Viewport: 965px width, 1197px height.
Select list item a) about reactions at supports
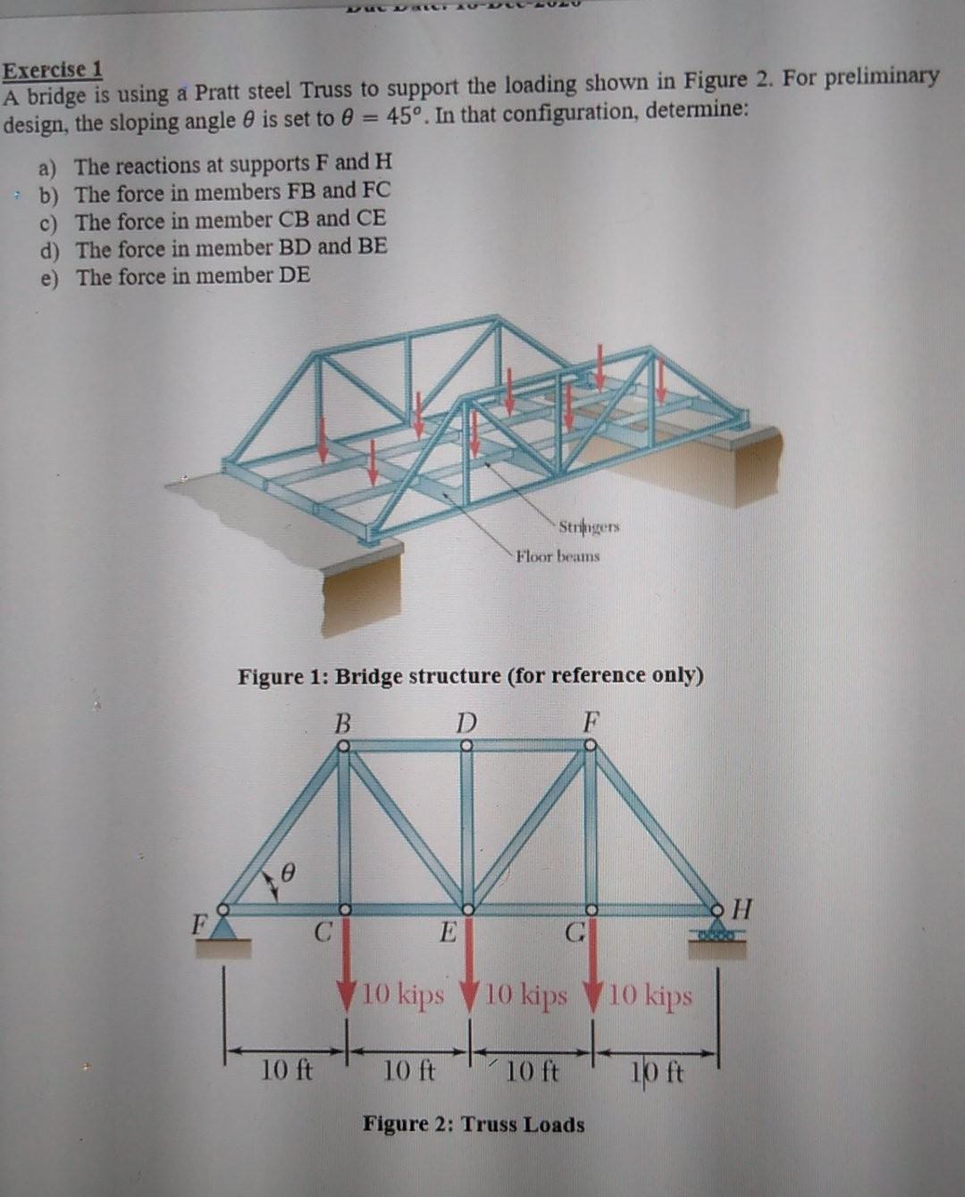[x=214, y=164]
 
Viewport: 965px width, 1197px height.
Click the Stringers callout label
[x=588, y=527]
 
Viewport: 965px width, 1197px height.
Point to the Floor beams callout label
[x=558, y=557]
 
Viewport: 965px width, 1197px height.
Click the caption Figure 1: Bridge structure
[x=470, y=675]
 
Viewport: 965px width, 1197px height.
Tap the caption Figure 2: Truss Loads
[x=474, y=1124]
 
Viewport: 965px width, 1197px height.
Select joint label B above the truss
[x=341, y=722]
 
